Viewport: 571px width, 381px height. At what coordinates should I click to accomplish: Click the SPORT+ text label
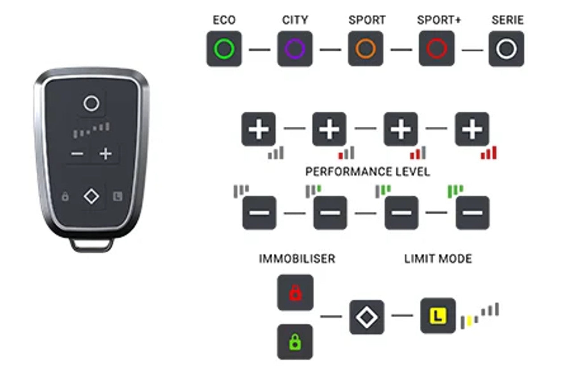tap(439, 20)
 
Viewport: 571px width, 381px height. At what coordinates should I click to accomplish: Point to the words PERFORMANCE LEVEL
tap(368, 172)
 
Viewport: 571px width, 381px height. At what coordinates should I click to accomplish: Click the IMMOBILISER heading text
tap(297, 259)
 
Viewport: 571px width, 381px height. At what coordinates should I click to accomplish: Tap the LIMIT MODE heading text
tap(438, 259)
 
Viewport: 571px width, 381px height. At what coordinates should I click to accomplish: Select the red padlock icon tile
tap(295, 293)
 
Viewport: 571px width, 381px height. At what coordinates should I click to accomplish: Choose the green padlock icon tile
tap(295, 342)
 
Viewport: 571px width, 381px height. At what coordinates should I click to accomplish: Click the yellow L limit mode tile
tap(438, 316)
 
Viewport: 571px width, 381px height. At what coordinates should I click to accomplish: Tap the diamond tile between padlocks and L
tap(367, 317)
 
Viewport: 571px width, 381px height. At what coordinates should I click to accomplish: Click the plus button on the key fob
tap(106, 154)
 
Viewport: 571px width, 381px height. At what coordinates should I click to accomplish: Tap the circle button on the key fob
tap(91, 103)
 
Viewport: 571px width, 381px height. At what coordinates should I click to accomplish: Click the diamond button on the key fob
tap(91, 196)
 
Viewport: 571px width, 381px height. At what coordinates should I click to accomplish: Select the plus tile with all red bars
tap(472, 129)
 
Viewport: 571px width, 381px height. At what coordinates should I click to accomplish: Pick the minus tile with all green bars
tap(472, 213)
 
